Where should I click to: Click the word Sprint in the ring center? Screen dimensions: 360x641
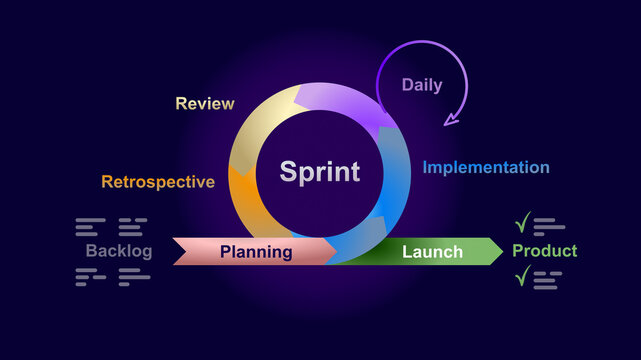pyautogui.click(x=319, y=171)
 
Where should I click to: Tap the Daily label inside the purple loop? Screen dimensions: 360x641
pyautogui.click(x=422, y=85)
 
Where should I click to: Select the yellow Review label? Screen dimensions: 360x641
pyautogui.click(x=205, y=103)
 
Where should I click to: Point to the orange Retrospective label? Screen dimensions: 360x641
pyautogui.click(x=158, y=182)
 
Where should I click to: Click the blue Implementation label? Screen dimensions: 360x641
pyautogui.click(x=486, y=167)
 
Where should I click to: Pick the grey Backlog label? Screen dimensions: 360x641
pyautogui.click(x=119, y=251)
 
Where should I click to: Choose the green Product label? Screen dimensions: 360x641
pyautogui.click(x=544, y=251)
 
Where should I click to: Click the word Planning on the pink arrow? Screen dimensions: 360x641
pyautogui.click(x=256, y=252)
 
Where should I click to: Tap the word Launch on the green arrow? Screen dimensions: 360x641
pyautogui.click(x=432, y=252)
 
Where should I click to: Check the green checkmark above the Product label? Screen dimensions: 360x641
pyautogui.click(x=522, y=223)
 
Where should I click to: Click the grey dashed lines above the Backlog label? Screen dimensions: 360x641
pyautogui.click(x=111, y=226)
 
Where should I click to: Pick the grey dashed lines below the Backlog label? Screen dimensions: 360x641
pyautogui.click(x=112, y=277)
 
